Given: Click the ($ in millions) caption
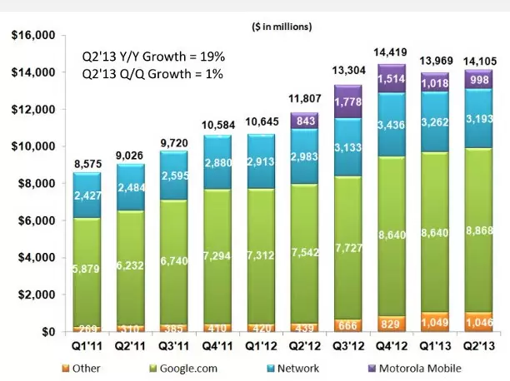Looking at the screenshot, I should pos(282,27).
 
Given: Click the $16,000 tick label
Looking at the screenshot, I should pos(32,36).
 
